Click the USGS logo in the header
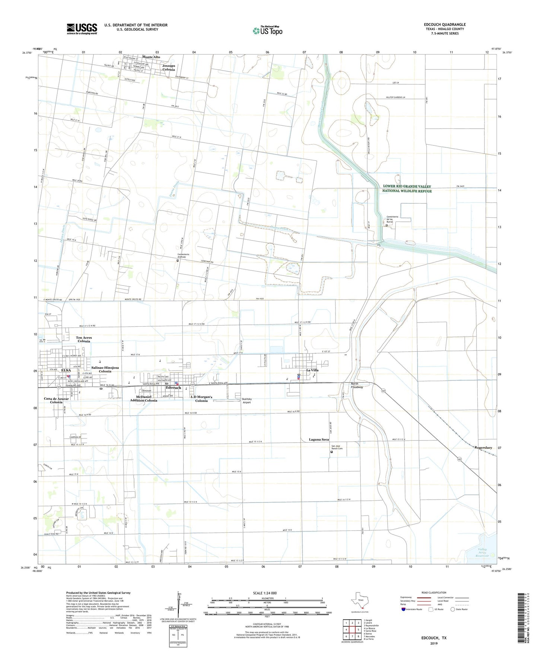pos(82,29)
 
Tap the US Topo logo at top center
pos(267,31)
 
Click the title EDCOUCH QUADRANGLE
pos(445,25)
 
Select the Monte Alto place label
pos(151,57)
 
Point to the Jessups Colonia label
pos(169,67)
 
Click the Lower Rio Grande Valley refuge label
pos(407,189)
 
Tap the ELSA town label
pos(66,370)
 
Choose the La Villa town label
pos(312,370)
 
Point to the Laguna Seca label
pos(319,440)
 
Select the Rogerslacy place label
pos(483,447)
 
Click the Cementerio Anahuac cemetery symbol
pos(178,261)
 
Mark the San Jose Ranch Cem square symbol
pos(332,452)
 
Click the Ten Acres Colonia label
pos(84,339)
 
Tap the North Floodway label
pos(357,386)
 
